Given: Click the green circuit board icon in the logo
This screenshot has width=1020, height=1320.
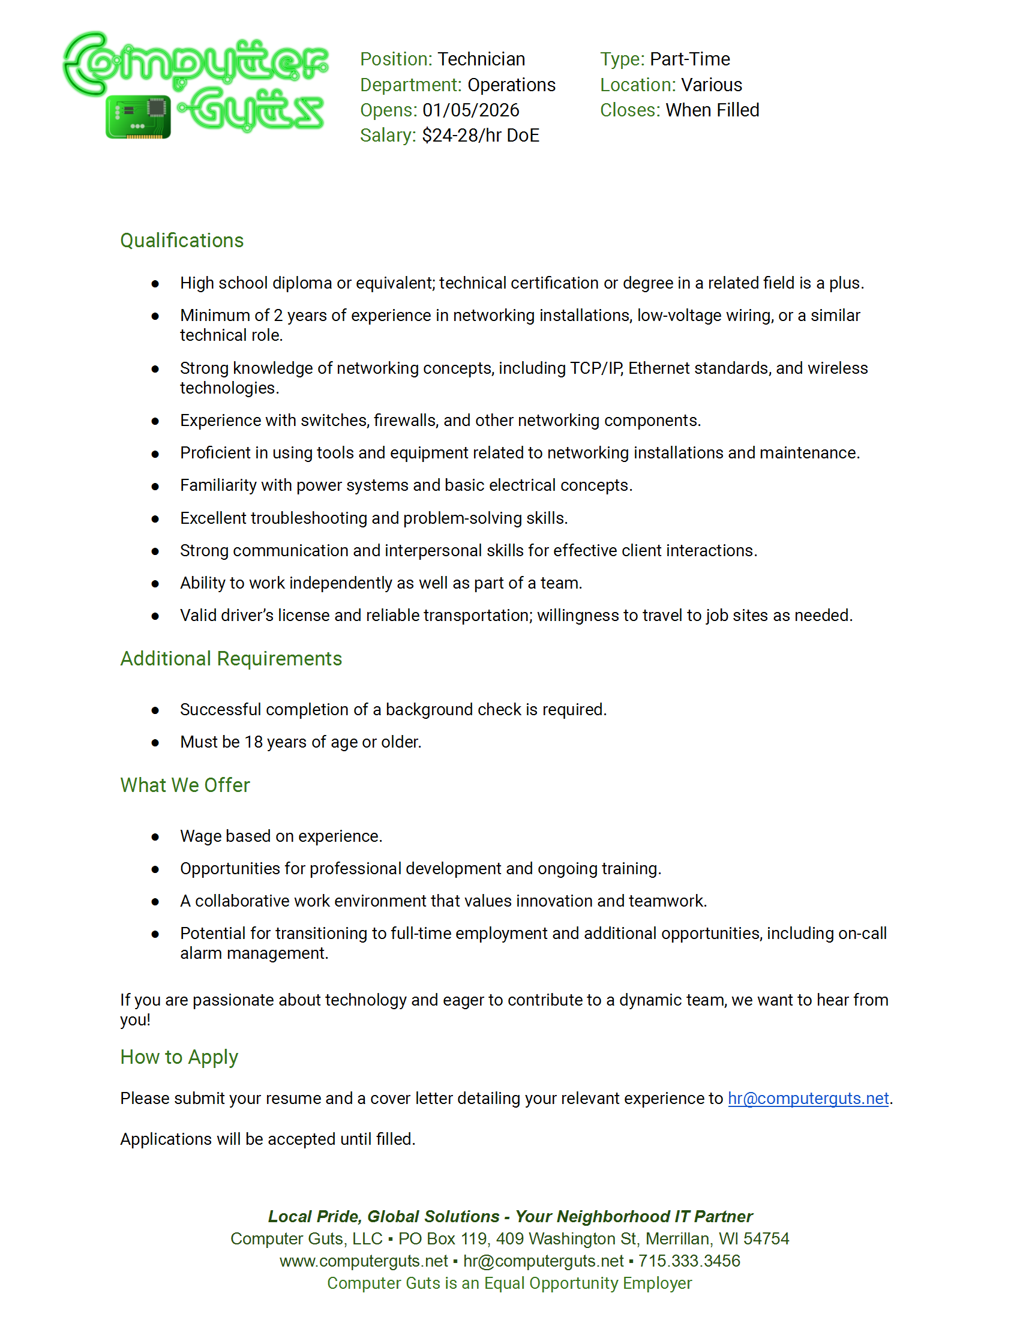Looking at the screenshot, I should coord(139,116).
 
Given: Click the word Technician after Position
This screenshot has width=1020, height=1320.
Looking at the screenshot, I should coord(481,59).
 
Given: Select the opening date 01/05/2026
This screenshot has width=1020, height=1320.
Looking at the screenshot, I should coord(471,110).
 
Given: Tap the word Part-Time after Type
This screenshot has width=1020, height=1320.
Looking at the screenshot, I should coord(689,59).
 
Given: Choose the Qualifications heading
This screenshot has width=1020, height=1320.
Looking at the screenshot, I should coord(182,241).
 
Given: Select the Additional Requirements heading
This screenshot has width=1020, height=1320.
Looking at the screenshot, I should coord(231,659).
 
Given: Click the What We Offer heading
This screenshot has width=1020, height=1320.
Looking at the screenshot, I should coord(185,785).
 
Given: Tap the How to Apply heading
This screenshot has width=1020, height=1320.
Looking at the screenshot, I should coord(179,1057).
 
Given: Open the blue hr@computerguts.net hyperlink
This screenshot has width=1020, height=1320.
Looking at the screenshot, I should coord(808,1098).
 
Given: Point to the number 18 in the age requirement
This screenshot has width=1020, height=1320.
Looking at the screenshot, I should coord(253,742).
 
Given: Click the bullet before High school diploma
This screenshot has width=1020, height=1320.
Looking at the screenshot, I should coord(155,283).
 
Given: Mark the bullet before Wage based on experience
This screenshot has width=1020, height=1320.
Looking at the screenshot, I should coord(155,837).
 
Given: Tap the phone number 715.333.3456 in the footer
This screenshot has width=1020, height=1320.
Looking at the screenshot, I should coord(689,1261).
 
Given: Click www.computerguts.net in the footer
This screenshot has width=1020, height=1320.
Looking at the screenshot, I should coord(364,1261).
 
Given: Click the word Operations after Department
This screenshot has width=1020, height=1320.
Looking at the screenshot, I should coord(511,85).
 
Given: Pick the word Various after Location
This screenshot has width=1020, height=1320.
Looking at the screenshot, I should coord(711,85).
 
